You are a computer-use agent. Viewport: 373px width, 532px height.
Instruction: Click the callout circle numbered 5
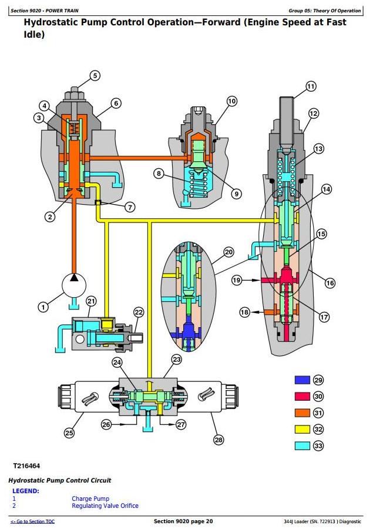pyautogui.click(x=95, y=75)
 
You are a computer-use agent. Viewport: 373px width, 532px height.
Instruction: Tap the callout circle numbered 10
pyautogui.click(x=231, y=101)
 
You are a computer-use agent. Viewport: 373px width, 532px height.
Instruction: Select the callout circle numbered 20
pyautogui.click(x=229, y=252)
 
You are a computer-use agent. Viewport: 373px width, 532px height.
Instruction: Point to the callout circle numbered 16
pyautogui.click(x=330, y=283)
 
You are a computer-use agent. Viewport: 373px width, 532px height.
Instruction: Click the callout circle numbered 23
pyautogui.click(x=177, y=360)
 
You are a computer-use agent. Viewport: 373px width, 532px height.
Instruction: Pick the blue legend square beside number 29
pyautogui.click(x=302, y=380)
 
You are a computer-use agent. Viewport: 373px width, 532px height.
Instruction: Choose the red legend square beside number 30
pyautogui.click(x=302, y=396)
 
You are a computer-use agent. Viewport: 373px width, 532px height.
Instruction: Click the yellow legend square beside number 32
pyautogui.click(x=302, y=429)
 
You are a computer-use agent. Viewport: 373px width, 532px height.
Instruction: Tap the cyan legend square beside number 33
pyautogui.click(x=302, y=445)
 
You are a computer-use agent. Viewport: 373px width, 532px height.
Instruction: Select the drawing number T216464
pyautogui.click(x=26, y=466)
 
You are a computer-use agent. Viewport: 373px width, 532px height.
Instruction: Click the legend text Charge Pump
pyautogui.click(x=90, y=498)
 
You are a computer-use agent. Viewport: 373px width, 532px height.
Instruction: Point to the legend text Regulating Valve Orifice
pyautogui.click(x=105, y=506)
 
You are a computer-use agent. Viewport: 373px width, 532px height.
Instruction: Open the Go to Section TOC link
pyautogui.click(x=32, y=521)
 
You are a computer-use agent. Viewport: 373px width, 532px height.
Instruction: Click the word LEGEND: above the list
pyautogui.click(x=26, y=491)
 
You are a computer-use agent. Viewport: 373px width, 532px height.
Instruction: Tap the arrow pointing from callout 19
pyautogui.click(x=251, y=280)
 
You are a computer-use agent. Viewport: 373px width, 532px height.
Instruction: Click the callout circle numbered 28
pyautogui.click(x=219, y=440)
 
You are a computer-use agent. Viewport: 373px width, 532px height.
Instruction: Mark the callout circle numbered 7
pyautogui.click(x=130, y=207)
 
